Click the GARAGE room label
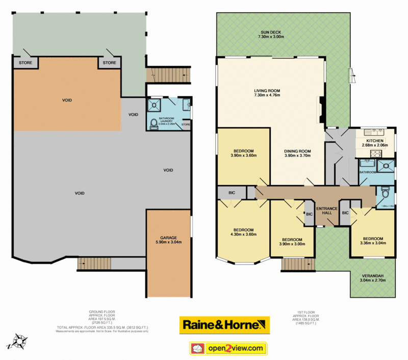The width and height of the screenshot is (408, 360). [x=168, y=240]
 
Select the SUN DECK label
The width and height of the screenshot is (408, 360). [x=270, y=34]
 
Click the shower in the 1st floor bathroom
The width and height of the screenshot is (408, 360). [x=386, y=164]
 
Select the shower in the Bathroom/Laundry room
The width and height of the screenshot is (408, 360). [x=154, y=106]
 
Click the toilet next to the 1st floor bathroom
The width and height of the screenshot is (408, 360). [x=386, y=194]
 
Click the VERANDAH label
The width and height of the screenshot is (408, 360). [x=372, y=278]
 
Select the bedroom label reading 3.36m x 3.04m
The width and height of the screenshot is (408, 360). [x=373, y=241]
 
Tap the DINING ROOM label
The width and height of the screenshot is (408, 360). [x=298, y=153]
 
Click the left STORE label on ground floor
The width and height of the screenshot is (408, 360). [x=25, y=63]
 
